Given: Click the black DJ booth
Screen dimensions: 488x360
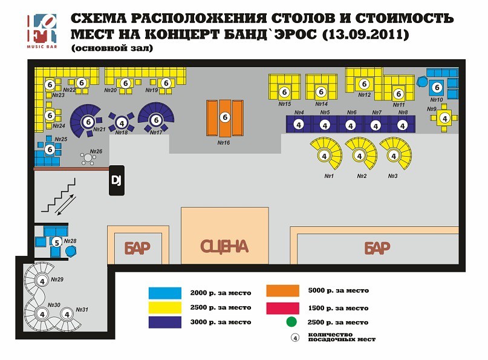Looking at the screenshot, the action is pos(117,181).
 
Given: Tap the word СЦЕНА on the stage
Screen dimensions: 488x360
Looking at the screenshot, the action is pos(224,247).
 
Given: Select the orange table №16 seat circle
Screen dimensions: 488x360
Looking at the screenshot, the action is pos(225,117).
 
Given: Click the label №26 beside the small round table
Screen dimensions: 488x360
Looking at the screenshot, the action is pos(96,151).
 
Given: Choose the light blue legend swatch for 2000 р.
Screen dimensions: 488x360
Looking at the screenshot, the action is pos(165,293).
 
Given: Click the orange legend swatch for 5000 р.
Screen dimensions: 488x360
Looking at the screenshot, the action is pos(282,291).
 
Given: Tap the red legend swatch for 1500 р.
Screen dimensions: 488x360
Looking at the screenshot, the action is pos(282,309).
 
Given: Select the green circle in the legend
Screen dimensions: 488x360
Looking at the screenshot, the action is pos(291,322).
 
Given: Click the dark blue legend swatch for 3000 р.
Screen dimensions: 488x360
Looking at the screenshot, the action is pos(165,322).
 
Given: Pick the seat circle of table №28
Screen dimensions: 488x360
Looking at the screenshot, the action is pos(57,242).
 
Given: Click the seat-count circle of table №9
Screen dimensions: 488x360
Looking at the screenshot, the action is pos(444,119).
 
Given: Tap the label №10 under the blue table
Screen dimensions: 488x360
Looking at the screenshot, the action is pos(437,100).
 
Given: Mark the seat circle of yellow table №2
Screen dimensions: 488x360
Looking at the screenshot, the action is pos(359,155).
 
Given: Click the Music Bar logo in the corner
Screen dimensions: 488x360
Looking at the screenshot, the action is pos(42,31).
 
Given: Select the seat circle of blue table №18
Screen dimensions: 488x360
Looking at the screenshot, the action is pos(122,123).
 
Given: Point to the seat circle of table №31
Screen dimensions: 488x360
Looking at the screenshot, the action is pos(67,315).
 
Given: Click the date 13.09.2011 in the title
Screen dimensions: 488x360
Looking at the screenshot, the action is pos(365,34).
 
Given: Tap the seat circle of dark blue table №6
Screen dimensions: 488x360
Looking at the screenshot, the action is pos(351,126).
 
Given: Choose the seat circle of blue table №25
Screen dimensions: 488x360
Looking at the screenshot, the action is pos(50,149).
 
